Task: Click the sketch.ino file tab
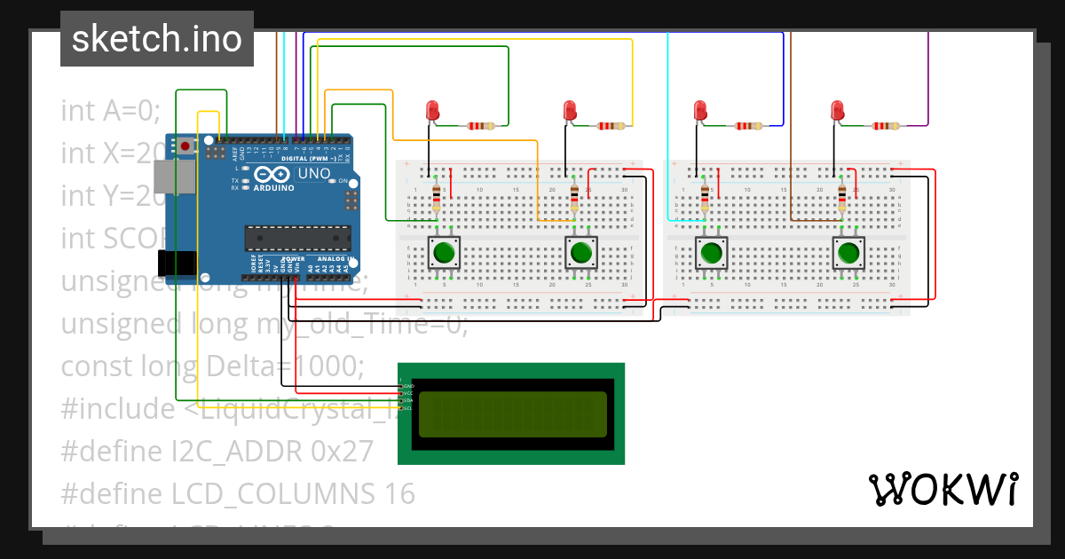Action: click(x=156, y=39)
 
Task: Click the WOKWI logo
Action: click(x=943, y=489)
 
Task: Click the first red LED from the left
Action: click(x=432, y=110)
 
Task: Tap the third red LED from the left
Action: click(x=700, y=110)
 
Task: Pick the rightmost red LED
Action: click(x=837, y=110)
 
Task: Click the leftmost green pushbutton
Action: click(x=444, y=253)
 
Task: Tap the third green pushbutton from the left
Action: click(x=711, y=253)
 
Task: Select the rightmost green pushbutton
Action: click(x=848, y=253)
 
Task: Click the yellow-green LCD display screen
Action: click(x=514, y=413)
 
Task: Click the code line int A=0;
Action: click(x=110, y=111)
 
